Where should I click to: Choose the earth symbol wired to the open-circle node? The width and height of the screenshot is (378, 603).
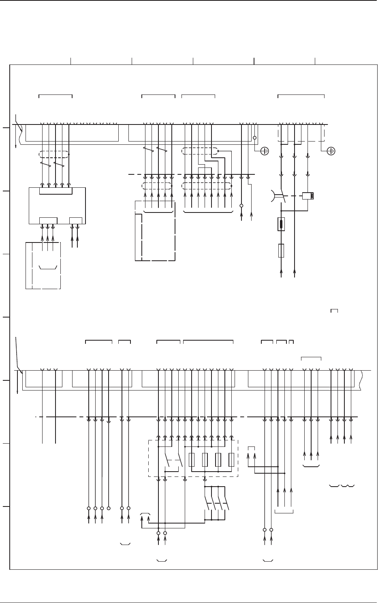tap(264, 151)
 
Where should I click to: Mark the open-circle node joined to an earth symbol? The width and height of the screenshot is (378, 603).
tap(255, 138)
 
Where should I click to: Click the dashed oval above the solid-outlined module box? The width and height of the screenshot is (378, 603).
tap(54, 155)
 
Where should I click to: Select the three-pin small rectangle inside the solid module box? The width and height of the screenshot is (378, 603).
tap(48, 221)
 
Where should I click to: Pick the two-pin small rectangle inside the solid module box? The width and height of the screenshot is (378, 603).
tap(76, 221)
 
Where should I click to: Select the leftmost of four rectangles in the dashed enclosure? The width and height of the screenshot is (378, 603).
tap(192, 460)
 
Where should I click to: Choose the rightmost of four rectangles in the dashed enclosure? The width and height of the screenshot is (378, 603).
tap(231, 460)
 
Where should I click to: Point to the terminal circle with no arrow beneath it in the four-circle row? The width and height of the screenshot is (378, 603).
tap(109, 508)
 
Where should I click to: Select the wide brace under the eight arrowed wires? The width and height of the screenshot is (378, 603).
tap(208, 212)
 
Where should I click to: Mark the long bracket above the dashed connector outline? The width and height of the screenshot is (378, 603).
tap(301, 96)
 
